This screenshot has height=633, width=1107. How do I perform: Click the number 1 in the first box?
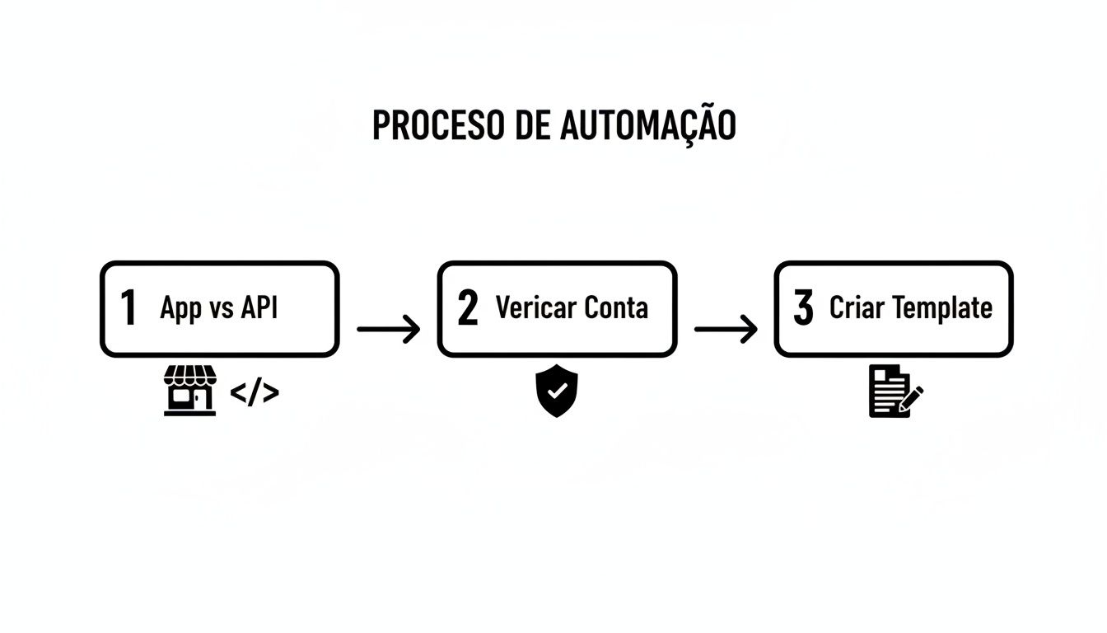128,308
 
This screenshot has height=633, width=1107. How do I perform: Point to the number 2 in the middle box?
467,308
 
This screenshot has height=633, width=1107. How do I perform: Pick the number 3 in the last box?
803,308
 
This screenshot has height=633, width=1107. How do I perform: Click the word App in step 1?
181,309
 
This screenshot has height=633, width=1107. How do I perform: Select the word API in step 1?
259,307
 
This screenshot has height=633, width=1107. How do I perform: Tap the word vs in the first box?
222,309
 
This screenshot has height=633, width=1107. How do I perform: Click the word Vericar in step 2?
535,307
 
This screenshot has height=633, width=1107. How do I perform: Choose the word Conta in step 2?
616,307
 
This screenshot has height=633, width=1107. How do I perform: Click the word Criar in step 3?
857,307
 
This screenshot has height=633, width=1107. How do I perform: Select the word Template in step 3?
942,309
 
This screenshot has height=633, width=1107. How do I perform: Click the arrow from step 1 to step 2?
389,329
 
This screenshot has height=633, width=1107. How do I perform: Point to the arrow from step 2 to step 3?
726,329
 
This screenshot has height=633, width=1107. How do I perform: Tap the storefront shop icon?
190,392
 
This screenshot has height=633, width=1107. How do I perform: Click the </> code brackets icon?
255,393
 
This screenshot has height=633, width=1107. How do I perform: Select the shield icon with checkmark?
557,392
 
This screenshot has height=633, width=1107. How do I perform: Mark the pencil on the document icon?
913,399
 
